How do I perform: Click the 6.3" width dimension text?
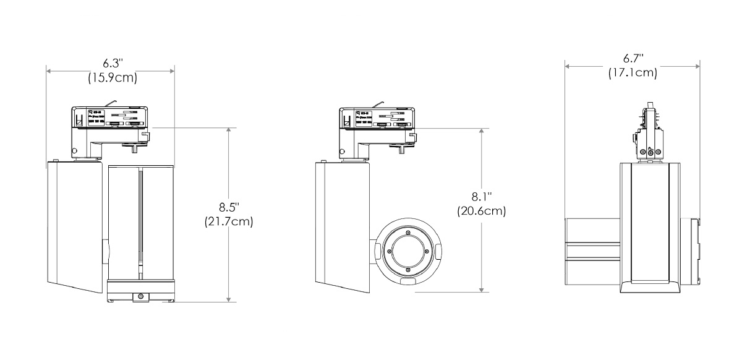click(x=112, y=64)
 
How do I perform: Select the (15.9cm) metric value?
click(x=112, y=78)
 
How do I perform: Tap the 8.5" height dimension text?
click(x=229, y=207)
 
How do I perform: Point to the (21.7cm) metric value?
click(x=229, y=221)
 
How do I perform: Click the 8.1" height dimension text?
click(x=482, y=197)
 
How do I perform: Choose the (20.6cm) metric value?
click(x=482, y=211)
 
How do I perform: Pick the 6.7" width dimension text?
click(x=633, y=59)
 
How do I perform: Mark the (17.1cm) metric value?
click(x=633, y=73)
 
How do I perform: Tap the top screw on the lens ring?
click(x=407, y=231)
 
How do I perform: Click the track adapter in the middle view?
click(x=375, y=119)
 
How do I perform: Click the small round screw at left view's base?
click(x=142, y=297)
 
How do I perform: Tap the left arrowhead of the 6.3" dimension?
click(x=49, y=71)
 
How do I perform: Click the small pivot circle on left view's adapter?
click(x=74, y=150)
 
